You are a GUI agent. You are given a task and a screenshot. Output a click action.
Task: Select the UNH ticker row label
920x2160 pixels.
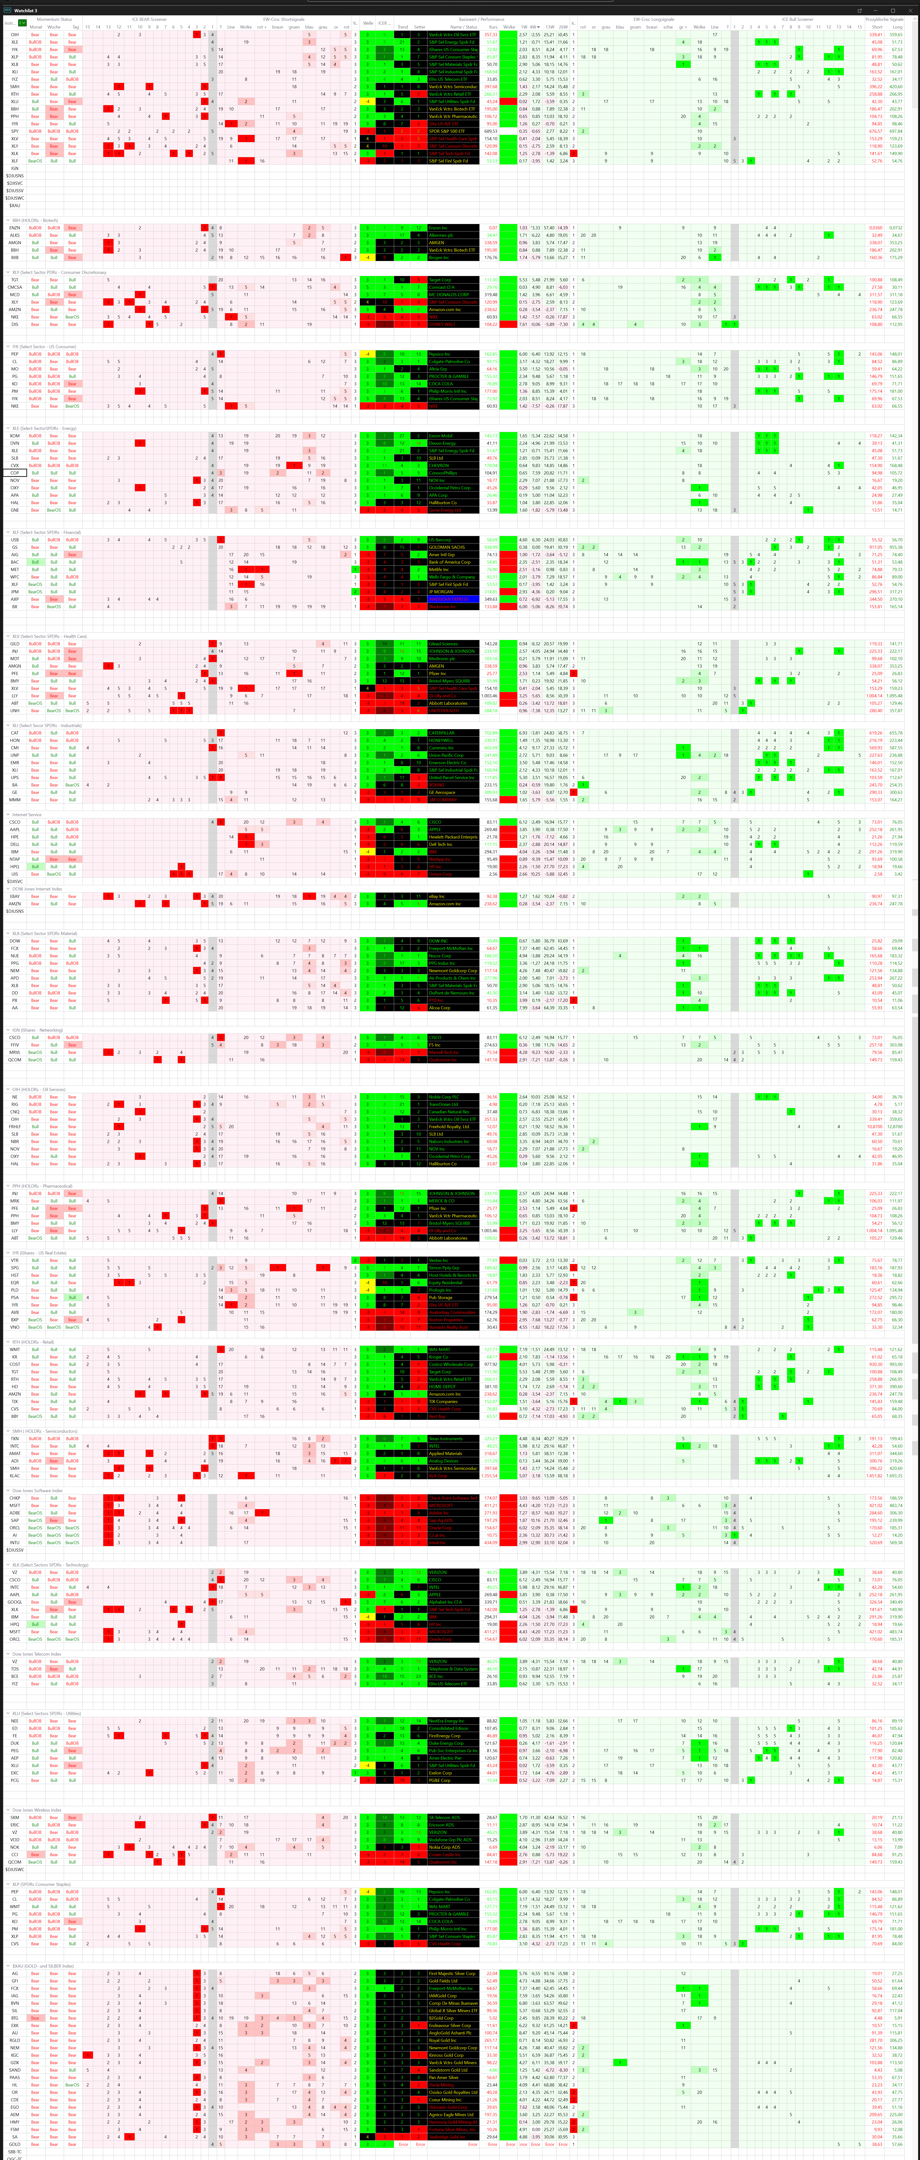(14, 710)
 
